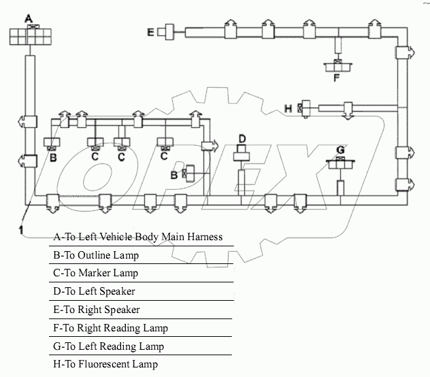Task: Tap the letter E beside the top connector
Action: point(150,31)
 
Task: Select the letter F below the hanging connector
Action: point(336,77)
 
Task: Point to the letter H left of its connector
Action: point(288,108)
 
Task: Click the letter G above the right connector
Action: point(340,150)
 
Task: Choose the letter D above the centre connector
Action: point(242,140)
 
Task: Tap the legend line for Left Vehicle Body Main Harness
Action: point(138,237)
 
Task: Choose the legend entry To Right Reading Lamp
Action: point(110,328)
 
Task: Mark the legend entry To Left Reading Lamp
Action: point(108,346)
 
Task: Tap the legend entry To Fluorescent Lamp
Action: point(105,364)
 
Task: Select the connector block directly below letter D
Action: point(242,156)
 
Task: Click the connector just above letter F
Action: point(336,65)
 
